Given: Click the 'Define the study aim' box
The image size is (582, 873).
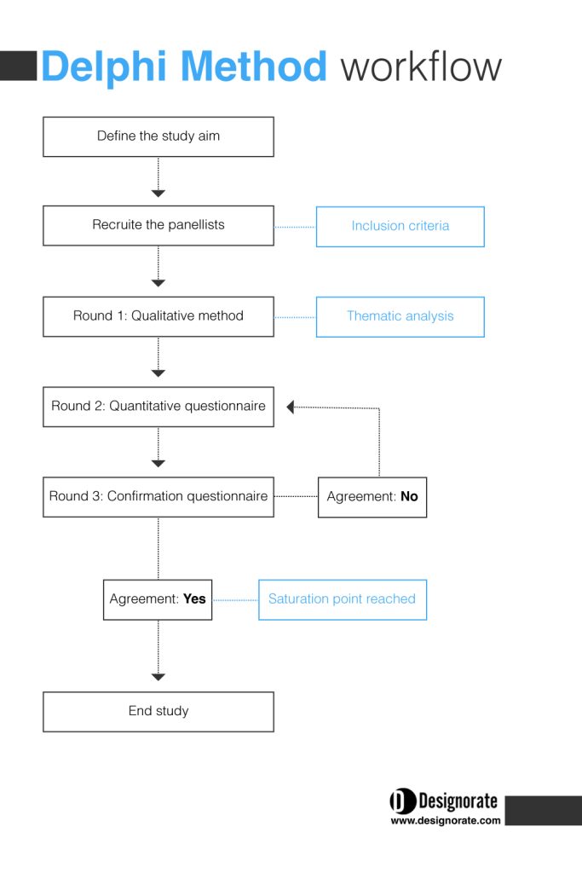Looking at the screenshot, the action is click(x=158, y=136).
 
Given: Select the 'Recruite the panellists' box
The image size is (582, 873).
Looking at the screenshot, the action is click(x=158, y=225).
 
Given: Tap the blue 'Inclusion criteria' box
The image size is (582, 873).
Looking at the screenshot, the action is click(x=400, y=227).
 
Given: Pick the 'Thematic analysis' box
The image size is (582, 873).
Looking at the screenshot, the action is click(x=400, y=317).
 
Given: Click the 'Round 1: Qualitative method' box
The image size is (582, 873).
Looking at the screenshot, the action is click(x=158, y=316).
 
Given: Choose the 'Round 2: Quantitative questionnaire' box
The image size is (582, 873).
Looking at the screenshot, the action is click(x=158, y=407).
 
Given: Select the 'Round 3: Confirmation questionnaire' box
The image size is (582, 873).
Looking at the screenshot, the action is click(x=158, y=497).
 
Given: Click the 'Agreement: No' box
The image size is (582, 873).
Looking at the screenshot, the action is click(x=372, y=497).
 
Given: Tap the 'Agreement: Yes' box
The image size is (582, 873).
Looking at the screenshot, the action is click(x=158, y=599).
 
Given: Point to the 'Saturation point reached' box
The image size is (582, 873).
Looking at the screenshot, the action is click(x=343, y=599).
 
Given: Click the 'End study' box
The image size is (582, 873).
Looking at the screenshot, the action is click(x=158, y=712).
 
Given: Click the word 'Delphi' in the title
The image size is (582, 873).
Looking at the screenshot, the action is click(x=104, y=67).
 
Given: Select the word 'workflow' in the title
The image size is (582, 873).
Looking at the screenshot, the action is click(x=421, y=66).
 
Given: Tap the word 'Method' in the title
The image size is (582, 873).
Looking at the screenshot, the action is click(x=254, y=66).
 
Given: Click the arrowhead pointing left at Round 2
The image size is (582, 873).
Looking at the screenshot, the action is click(x=290, y=407).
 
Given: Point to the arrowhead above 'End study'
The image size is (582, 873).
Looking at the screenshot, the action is click(x=158, y=677).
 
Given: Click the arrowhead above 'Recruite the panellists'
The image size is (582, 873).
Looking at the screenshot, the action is click(x=158, y=194).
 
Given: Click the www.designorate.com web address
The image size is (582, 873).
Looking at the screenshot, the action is click(x=446, y=820).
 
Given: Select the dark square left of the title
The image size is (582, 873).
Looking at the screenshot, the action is click(x=19, y=66).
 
